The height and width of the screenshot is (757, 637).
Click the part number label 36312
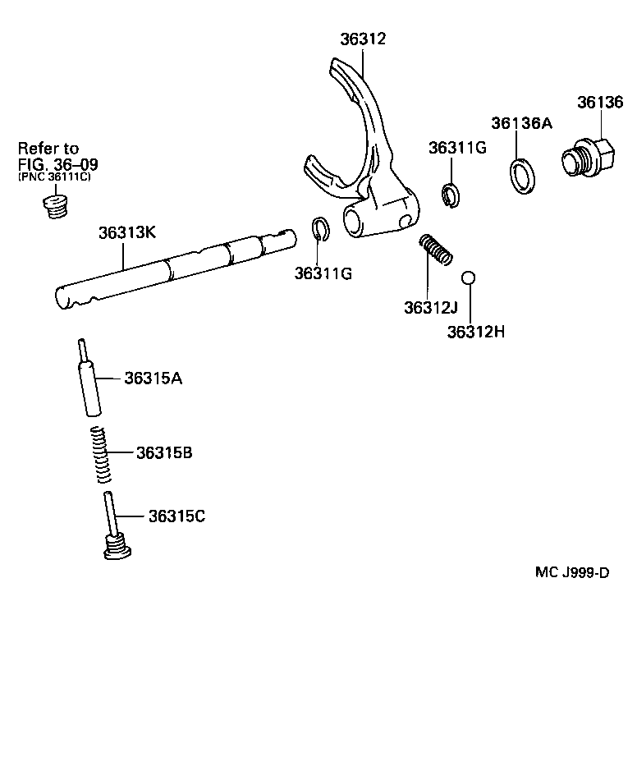364,39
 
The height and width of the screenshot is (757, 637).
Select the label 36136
601,102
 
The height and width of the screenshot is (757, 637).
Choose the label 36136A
522,123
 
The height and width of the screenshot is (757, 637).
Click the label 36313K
126,232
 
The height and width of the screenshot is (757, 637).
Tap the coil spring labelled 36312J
435,250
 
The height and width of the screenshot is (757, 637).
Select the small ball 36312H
468,278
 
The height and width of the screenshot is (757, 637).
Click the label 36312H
474,332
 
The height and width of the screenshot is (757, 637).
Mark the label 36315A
154,378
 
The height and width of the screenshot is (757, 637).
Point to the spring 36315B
100,454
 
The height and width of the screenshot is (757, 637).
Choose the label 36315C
176,516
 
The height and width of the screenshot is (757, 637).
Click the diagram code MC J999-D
572,572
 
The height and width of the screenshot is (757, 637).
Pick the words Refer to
48,149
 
